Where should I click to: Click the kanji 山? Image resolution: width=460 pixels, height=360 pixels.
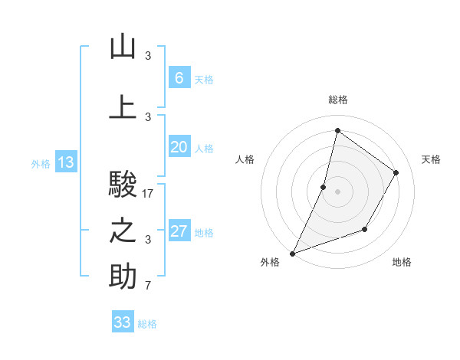[x=123, y=47]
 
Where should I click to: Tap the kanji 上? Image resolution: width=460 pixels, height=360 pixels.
[x=123, y=106]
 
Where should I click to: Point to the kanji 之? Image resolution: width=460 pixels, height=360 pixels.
[x=123, y=231]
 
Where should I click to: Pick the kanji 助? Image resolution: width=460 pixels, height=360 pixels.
[x=123, y=277]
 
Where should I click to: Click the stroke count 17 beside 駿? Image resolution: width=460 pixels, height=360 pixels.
[x=148, y=194]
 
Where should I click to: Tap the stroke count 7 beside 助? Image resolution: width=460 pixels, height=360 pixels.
[x=148, y=286]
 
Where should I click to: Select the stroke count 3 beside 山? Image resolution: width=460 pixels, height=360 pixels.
[x=148, y=55]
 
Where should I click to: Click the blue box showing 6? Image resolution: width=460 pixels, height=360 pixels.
[x=179, y=77]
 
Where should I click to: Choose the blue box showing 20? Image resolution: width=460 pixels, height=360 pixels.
[x=179, y=147]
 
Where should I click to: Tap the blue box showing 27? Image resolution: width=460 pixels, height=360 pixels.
[x=179, y=231]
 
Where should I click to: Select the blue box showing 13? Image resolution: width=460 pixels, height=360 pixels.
[x=65, y=162]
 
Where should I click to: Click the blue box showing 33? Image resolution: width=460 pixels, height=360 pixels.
[x=123, y=322]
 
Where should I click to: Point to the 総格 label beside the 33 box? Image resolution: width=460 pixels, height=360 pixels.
[x=147, y=324]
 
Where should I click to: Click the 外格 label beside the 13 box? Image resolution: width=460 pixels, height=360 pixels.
[x=41, y=164]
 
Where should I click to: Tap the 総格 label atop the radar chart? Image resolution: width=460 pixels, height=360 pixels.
[x=337, y=100]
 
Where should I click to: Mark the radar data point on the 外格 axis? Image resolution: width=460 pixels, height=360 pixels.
[x=292, y=253]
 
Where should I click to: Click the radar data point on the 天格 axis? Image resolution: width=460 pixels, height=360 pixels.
[x=396, y=172]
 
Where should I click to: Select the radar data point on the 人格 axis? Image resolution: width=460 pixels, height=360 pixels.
[x=324, y=187]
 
